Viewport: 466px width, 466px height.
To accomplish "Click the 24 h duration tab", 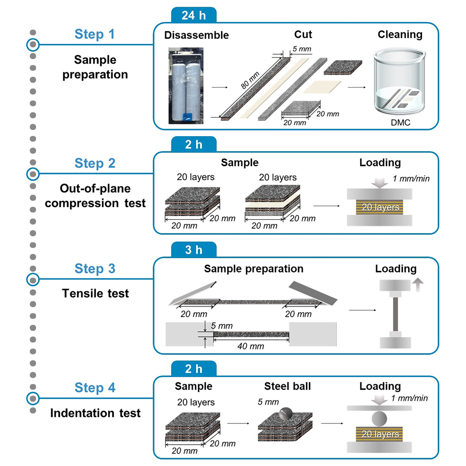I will pos(194,15).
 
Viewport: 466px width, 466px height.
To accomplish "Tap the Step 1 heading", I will pos(95,34).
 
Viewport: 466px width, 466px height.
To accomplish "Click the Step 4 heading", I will pos(95,388).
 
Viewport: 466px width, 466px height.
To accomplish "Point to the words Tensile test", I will pos(95,293).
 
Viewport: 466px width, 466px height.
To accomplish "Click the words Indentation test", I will pos(95,413).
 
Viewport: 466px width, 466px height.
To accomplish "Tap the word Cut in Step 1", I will pos(303,34).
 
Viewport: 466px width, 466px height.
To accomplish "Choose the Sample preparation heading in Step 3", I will pos(254,269).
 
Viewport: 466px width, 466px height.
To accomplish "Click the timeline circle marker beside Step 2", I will pos(33,173).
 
